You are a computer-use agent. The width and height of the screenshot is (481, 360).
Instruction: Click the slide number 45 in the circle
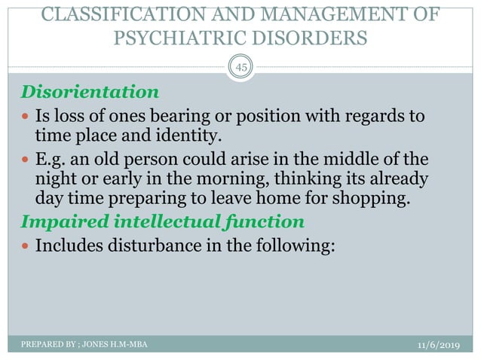[x=241, y=69]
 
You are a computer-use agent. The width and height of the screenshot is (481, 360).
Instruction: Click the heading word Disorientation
[x=89, y=93]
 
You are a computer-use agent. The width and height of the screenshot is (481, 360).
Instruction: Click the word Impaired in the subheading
[x=51, y=222]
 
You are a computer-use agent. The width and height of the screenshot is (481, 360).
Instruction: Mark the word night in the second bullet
[x=56, y=180]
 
